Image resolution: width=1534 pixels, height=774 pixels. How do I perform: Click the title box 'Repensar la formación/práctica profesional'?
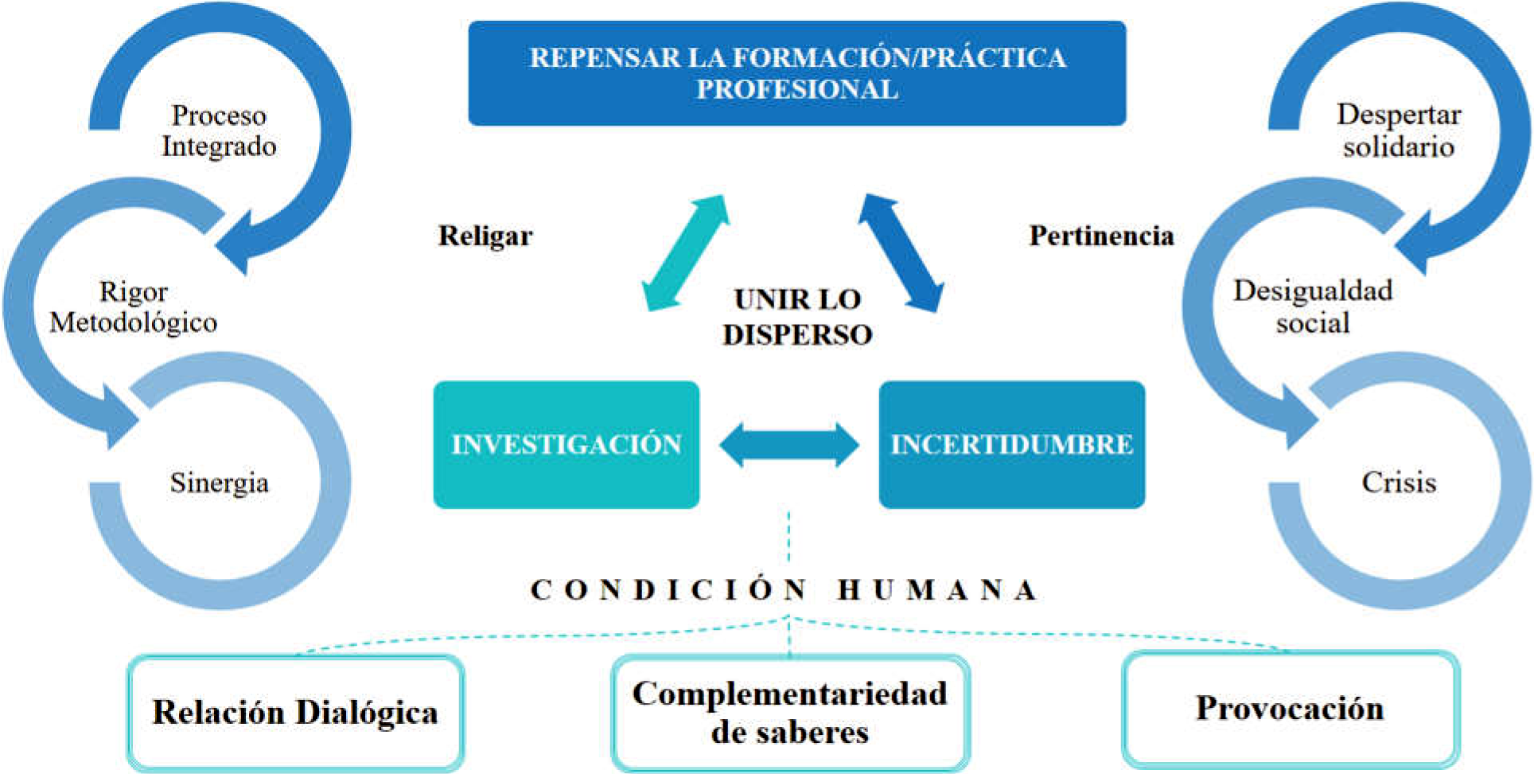[796, 73]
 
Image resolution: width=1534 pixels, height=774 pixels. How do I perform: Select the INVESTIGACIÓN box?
[566, 444]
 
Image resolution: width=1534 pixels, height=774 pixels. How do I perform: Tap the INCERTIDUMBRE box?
[1011, 444]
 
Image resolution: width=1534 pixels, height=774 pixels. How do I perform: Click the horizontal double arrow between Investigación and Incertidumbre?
[788, 444]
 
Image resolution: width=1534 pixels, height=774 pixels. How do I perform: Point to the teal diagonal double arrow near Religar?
[686, 252]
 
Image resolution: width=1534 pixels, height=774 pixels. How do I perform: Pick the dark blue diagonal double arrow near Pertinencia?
[901, 252]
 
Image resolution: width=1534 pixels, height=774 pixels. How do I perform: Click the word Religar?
[485, 236]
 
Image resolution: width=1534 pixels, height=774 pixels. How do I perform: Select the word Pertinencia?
[1101, 236]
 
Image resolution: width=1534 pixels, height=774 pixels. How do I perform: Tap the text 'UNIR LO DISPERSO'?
[796, 317]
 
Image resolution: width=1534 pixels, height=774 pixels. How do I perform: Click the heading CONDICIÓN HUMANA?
[785, 590]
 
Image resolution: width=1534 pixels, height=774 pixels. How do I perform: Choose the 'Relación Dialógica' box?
[295, 712]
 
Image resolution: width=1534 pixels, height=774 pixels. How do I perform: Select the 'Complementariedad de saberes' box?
[790, 713]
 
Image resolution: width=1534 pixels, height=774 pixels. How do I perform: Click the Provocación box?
[1290, 709]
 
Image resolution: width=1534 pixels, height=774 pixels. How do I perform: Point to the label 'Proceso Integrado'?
[219, 131]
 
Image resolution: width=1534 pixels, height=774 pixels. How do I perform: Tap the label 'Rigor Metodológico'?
[134, 307]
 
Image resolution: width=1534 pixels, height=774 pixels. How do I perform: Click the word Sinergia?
[219, 483]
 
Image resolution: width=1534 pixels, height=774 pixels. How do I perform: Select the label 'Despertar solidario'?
[1398, 131]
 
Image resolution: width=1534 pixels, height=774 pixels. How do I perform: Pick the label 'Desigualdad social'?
[1313, 307]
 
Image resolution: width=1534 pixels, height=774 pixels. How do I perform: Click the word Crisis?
[1398, 483]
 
